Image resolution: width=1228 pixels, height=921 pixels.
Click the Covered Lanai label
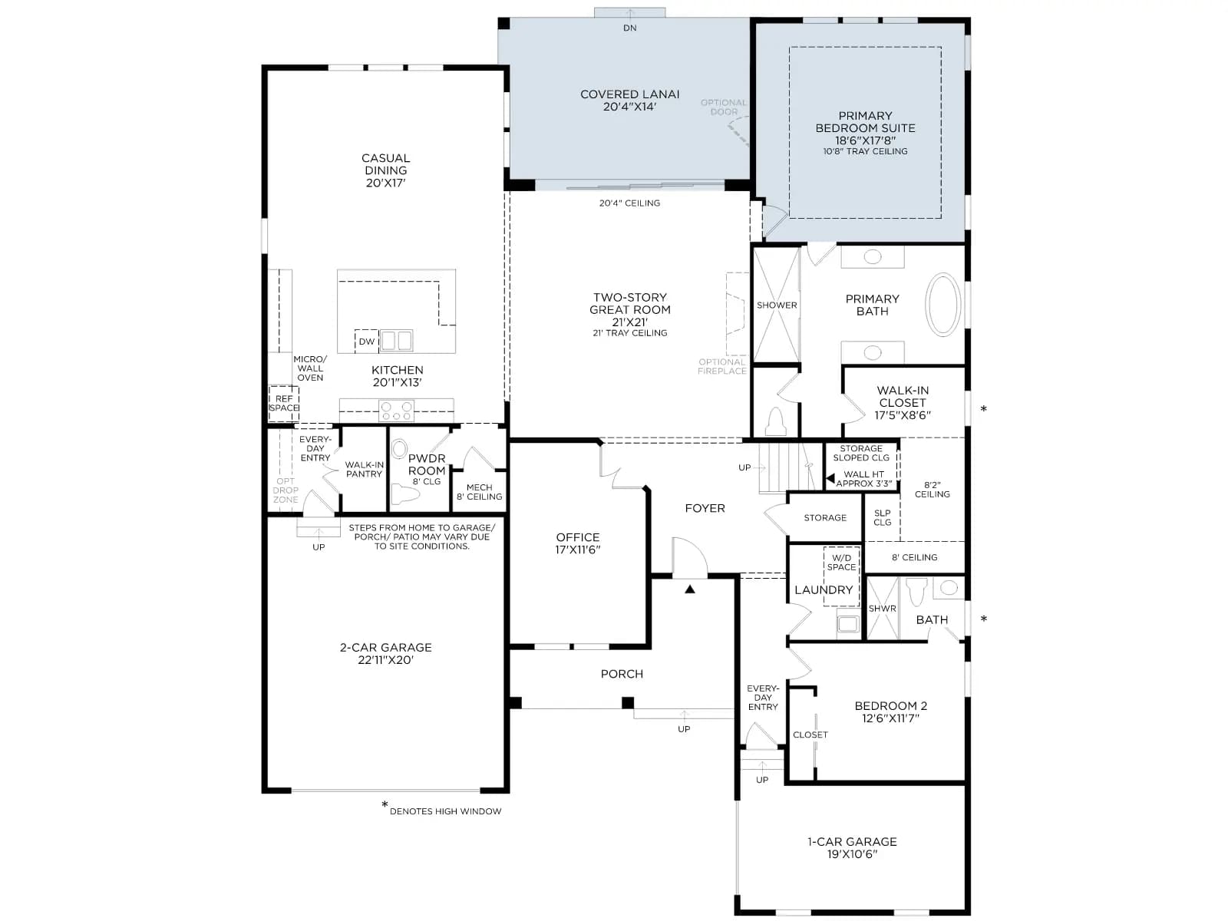(629, 100)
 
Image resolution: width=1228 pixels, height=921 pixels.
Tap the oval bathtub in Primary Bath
(942, 304)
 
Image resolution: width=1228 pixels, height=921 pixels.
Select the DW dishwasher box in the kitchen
(366, 341)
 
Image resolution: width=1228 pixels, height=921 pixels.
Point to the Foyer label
(705, 508)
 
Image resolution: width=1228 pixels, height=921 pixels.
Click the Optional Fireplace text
(721, 366)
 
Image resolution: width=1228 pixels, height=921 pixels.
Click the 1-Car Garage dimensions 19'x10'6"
(852, 854)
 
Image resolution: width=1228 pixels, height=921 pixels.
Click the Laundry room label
(823, 589)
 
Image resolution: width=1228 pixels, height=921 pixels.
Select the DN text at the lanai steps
(629, 28)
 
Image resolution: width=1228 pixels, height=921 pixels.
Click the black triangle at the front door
(690, 589)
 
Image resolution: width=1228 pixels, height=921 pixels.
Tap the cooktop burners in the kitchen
(396, 411)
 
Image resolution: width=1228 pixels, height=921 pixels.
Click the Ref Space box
(284, 403)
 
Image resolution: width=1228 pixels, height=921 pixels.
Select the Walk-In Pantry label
(365, 469)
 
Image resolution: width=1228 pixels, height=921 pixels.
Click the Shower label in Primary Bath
(777, 305)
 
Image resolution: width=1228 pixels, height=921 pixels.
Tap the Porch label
(622, 674)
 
